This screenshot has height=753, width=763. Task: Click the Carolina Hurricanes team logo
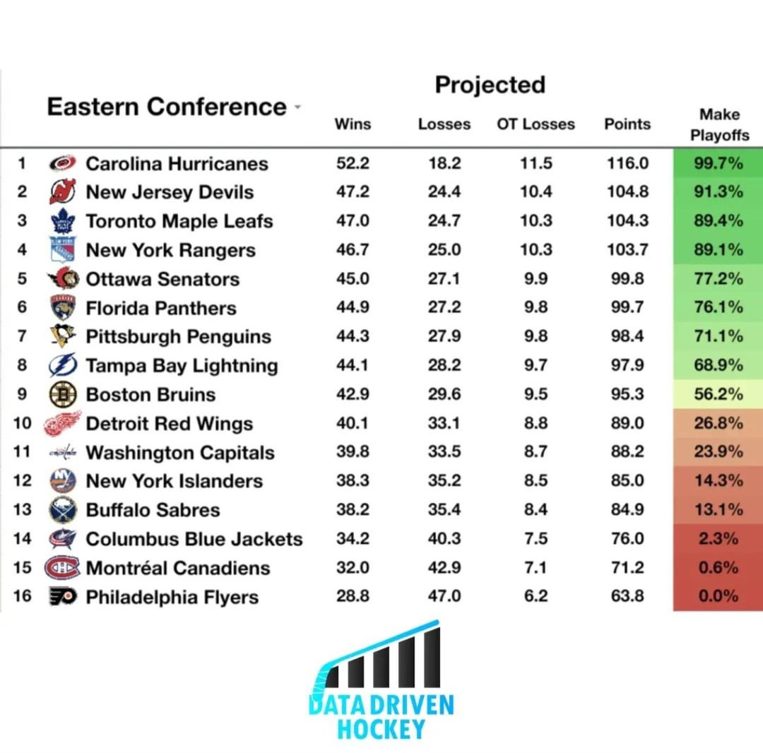(x=62, y=164)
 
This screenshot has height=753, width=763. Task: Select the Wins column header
(x=353, y=124)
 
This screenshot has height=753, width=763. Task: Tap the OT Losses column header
(x=536, y=124)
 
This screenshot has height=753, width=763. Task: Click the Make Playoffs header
(x=719, y=124)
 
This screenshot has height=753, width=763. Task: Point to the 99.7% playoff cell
(x=718, y=164)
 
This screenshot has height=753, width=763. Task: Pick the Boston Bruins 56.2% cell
(x=718, y=394)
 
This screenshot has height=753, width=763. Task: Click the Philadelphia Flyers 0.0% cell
(x=718, y=596)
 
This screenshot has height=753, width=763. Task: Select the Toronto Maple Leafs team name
(x=179, y=221)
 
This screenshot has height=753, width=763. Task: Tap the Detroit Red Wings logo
(x=62, y=424)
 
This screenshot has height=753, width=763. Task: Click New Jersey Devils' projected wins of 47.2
(x=353, y=192)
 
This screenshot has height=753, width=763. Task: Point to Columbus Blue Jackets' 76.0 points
(x=627, y=539)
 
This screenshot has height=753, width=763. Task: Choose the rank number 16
(x=23, y=596)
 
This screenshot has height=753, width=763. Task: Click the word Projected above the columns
(x=490, y=85)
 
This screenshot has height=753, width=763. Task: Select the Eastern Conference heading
(x=166, y=107)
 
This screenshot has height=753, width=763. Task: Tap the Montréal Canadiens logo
(x=62, y=568)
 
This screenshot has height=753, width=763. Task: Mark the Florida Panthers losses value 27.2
(x=444, y=308)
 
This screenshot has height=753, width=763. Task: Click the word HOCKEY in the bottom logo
(x=381, y=728)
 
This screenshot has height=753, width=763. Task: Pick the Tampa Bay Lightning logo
(x=62, y=365)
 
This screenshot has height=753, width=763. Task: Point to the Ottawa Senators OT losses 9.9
(x=536, y=279)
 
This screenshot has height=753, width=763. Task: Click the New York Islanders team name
(x=174, y=481)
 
